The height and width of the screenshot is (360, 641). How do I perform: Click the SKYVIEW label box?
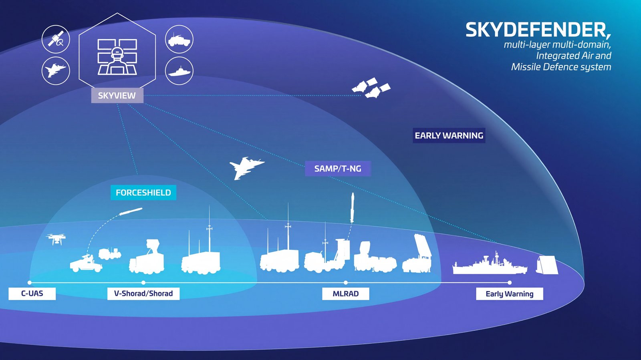117,96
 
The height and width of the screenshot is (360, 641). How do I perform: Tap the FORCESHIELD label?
143,193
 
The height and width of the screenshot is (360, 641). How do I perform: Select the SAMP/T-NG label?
337,169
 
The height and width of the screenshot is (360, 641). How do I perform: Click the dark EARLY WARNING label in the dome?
449,135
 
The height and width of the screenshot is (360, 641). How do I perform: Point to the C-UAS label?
32,294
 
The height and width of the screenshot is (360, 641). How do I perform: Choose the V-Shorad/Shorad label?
143,294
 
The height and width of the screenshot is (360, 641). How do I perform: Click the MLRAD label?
345,294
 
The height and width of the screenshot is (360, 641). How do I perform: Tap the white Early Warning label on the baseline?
509,294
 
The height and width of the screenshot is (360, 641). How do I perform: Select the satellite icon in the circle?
56,39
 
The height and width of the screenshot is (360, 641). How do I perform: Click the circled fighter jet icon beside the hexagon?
56,71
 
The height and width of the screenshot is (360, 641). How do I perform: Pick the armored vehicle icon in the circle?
179,39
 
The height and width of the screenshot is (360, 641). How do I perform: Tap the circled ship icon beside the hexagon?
179,71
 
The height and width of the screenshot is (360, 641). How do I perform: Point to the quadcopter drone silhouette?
56,239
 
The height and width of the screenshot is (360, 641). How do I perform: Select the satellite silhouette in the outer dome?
371,88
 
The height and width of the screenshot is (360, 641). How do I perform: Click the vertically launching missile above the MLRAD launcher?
352,207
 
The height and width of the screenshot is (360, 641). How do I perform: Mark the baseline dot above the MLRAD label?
346,283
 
